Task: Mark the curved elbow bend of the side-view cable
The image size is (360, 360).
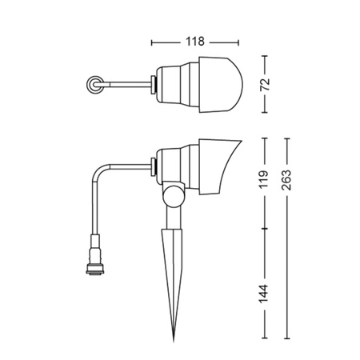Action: point(101,172)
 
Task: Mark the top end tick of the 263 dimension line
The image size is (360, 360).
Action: point(289,137)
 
